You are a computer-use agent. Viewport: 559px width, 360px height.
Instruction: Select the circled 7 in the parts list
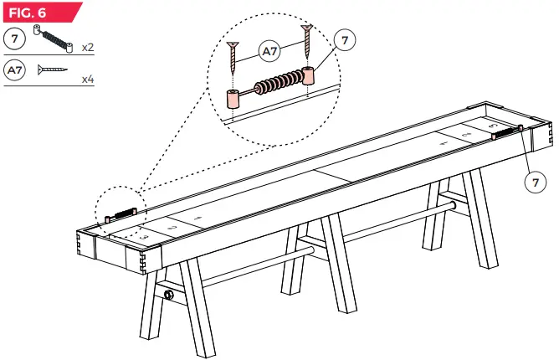(14, 39)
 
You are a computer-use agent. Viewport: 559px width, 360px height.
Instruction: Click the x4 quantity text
(87, 80)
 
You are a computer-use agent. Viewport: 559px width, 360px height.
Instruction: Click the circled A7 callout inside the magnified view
(269, 51)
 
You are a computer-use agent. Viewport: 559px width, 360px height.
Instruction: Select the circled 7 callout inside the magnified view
(341, 39)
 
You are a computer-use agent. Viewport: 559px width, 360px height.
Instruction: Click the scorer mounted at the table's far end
(507, 131)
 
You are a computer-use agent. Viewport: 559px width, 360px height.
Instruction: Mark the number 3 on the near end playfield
(144, 238)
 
